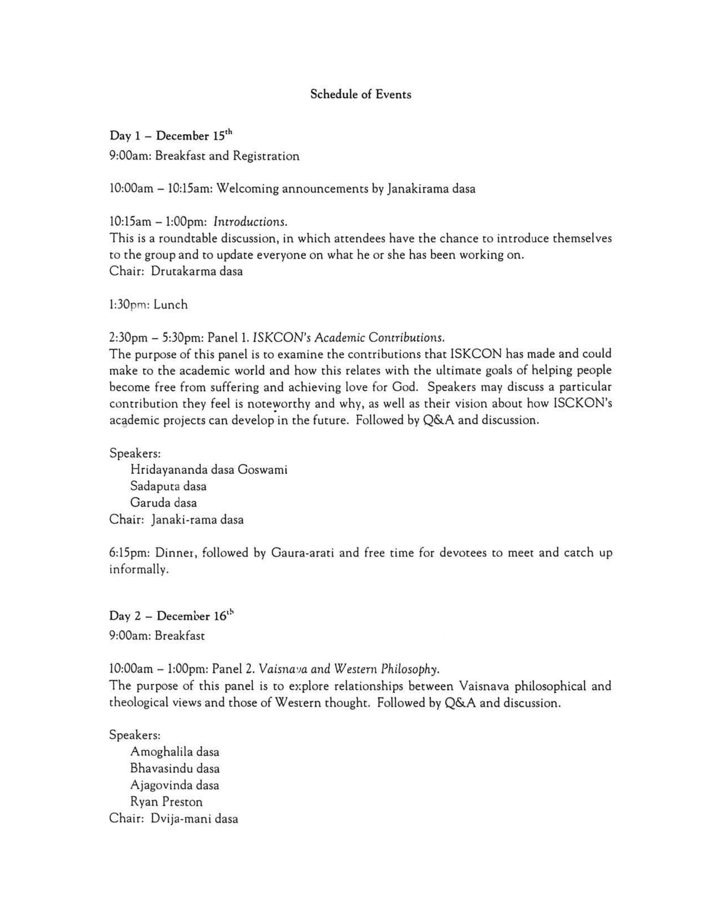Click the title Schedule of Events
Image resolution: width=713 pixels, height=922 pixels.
pyautogui.click(x=360, y=94)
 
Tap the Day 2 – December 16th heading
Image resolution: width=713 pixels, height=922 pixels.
pyautogui.click(x=171, y=616)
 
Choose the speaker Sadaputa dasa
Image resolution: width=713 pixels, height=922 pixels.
pyautogui.click(x=168, y=486)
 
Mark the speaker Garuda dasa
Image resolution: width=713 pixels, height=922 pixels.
pyautogui.click(x=164, y=503)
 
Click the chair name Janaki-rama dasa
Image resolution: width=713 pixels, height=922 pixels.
pyautogui.click(x=197, y=519)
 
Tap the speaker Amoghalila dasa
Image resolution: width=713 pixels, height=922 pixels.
pyautogui.click(x=175, y=752)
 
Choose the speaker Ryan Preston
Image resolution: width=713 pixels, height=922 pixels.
pyautogui.click(x=166, y=802)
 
